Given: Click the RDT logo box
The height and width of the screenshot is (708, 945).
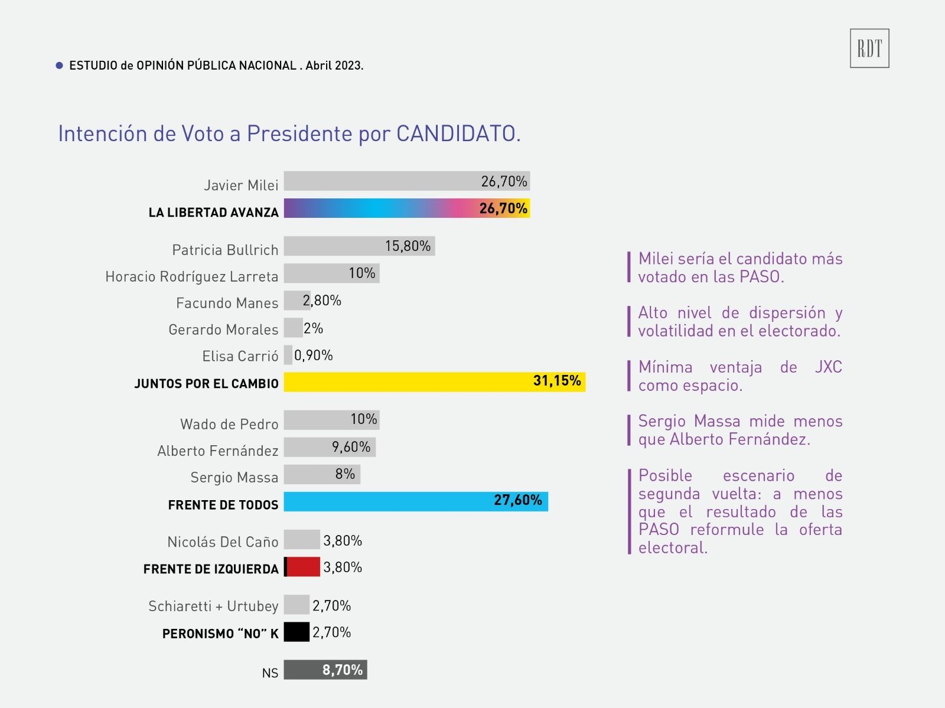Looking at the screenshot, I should pos(869,48).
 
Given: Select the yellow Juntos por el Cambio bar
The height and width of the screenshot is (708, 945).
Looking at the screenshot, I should pos(434,381).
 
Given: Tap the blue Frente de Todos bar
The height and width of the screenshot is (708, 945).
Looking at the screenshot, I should pos(416,501).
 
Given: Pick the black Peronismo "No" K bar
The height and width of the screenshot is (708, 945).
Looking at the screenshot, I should pos(296,632).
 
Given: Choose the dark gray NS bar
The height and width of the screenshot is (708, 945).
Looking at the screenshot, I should pos(325,670).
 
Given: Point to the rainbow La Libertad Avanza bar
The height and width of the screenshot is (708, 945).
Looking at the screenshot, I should pos(406,208).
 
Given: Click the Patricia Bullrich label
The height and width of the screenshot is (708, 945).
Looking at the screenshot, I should pos(225,250).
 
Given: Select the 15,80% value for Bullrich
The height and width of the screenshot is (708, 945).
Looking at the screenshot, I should pos(408,246).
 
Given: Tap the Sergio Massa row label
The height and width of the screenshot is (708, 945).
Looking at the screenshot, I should pos(234,477).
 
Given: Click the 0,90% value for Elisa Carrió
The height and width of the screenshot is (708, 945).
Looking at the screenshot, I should pos(313,355).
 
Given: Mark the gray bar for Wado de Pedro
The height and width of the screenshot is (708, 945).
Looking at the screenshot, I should pos(331,420).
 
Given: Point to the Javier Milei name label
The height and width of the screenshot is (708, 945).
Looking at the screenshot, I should pos(241,185).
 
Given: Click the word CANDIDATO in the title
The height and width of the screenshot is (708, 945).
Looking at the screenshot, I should pos(458,134).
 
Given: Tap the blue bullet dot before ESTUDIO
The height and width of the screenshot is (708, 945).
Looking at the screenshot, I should pos(59,66).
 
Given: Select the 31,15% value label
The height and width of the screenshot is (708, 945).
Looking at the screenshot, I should pos(557,381).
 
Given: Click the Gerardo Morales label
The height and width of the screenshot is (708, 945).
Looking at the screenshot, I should pos(223,329).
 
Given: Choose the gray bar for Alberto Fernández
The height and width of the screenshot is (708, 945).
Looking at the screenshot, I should pos(330,447).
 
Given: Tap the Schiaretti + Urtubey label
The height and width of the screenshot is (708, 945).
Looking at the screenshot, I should pos(213,606).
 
